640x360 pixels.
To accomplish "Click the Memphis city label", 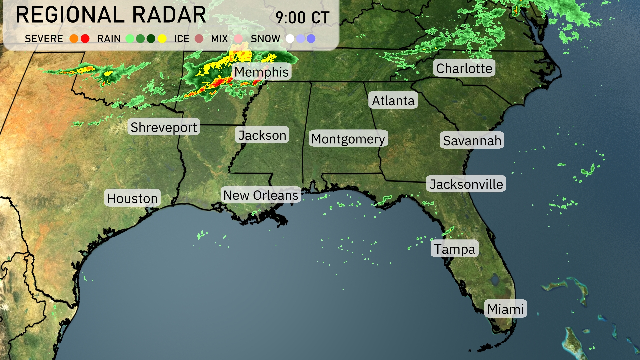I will pos(262,72).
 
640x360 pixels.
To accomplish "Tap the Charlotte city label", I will pos(464,68).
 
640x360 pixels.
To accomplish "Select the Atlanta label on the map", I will pos(393,100).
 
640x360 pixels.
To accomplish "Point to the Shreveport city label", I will pos(164,127).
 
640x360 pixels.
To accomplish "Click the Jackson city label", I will pos(262,135).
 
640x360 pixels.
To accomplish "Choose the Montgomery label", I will pos(348,139).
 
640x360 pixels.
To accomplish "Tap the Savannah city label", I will pos(472,140).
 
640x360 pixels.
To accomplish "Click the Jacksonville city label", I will pos(466,184).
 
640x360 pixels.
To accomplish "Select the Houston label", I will pos(132,198).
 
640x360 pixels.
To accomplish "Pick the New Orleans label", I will pos(261,195).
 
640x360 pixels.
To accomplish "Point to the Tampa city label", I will pos(454,249).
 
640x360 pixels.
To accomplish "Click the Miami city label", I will pos(505,309).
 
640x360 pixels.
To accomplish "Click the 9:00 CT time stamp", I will pos(302,17).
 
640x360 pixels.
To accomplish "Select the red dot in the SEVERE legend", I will pos(85,39).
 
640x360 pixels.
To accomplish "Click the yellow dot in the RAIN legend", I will pos(162,39).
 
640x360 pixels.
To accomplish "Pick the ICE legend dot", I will pos(199,39).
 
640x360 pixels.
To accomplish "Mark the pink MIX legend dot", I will pos(238,39).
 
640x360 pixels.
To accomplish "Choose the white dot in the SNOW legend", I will pos(290,39).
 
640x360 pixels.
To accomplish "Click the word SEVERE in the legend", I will pos(44,39).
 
